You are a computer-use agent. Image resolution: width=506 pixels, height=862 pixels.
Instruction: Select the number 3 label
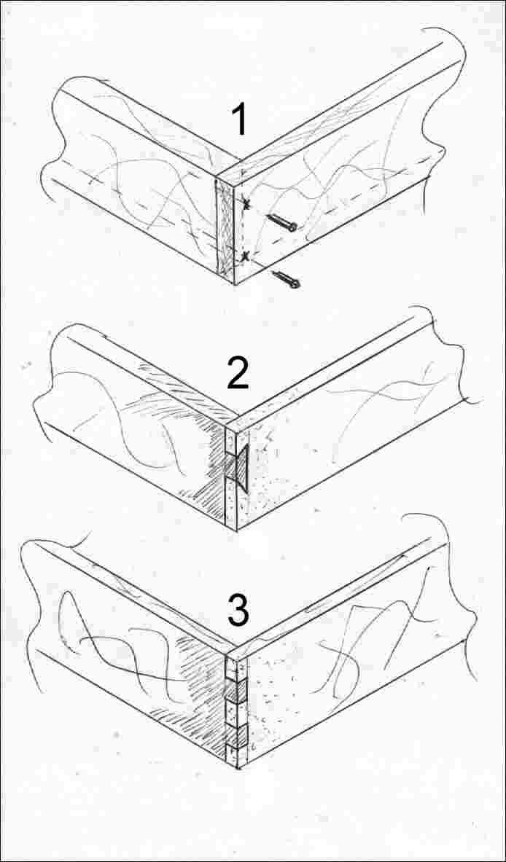[238, 611]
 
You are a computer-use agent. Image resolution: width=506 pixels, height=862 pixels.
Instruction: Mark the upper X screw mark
[245, 205]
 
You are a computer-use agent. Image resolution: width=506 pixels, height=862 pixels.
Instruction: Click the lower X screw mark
[245, 256]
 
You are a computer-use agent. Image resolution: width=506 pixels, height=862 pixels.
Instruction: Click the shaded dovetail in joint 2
[241, 465]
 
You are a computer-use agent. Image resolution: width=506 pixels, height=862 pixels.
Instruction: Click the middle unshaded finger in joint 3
[238, 713]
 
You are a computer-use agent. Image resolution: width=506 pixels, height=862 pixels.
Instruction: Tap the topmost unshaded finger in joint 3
[238, 668]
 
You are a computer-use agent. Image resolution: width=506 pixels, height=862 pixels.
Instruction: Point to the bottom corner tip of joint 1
[236, 284]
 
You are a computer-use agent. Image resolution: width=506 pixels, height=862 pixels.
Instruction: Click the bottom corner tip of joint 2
[237, 530]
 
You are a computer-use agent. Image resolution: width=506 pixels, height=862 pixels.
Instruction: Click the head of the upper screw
[293, 226]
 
